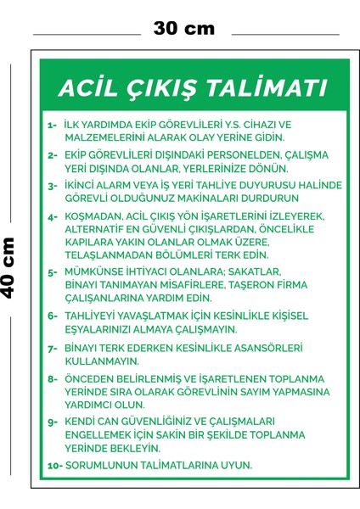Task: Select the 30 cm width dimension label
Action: (184, 28)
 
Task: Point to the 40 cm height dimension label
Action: (10, 266)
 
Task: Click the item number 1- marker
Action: (53, 125)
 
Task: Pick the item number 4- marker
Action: (53, 216)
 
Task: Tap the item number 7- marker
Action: (53, 348)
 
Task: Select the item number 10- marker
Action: (54, 465)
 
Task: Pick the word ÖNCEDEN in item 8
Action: (91, 380)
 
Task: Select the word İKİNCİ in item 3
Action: (84, 185)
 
